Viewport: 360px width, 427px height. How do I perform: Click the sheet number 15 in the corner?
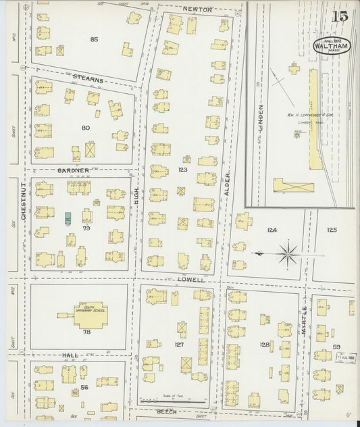click(x=340, y=16)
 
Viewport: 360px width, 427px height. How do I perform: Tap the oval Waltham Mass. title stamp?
click(x=331, y=45)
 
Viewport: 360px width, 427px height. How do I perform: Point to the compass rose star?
click(x=288, y=254)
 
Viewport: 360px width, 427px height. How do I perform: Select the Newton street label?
click(x=197, y=9)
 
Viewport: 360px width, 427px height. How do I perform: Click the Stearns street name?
click(x=88, y=79)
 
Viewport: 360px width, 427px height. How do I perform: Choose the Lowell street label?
click(x=190, y=278)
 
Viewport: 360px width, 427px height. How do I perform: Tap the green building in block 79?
click(x=68, y=218)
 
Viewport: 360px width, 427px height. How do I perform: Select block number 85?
click(x=94, y=39)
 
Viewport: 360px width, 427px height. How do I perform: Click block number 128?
click(x=264, y=345)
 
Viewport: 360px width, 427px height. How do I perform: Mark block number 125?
click(x=332, y=230)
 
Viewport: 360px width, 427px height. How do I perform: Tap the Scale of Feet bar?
click(x=174, y=399)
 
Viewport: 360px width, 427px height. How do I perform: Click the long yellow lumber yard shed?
click(x=313, y=118)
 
